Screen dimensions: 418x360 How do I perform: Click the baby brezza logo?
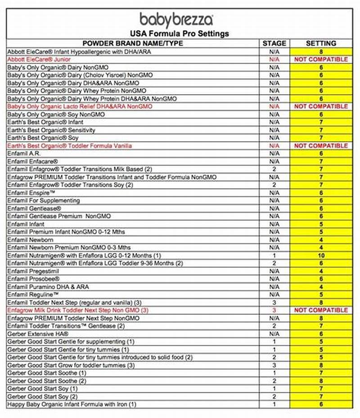pyautogui.click(x=176, y=20)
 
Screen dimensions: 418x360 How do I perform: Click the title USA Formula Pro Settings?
pyautogui.click(x=179, y=34)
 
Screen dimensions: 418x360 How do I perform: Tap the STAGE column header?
pyautogui.click(x=274, y=43)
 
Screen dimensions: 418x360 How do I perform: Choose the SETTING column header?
pyautogui.click(x=321, y=43)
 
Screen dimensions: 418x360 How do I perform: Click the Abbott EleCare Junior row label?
pyautogui.click(x=39, y=59)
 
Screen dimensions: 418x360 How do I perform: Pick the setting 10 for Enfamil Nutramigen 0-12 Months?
pyautogui.click(x=321, y=255)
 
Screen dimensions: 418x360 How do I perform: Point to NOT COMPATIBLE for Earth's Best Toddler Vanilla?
pyautogui.click(x=321, y=146)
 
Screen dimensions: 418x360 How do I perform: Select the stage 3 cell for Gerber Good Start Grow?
pyautogui.click(x=274, y=365)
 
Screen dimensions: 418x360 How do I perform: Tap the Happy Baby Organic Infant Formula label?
pyautogui.click(x=72, y=404)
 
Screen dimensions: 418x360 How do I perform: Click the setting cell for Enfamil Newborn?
pyautogui.click(x=321, y=240)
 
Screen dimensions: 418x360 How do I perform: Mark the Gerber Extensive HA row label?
pyautogui.click(x=38, y=334)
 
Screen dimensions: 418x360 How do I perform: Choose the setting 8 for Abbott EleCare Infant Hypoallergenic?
pyautogui.click(x=321, y=52)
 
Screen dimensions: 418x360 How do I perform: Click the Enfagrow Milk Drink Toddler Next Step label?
pyautogui.click(x=78, y=310)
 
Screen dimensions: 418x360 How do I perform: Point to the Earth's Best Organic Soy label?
pyautogui.click(x=43, y=138)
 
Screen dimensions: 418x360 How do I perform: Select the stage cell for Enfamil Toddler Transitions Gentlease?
pyautogui.click(x=274, y=326)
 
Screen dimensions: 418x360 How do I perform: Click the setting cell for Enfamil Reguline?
pyautogui.click(x=321, y=295)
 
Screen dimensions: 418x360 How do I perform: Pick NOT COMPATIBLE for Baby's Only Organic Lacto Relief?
pyautogui.click(x=321, y=107)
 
